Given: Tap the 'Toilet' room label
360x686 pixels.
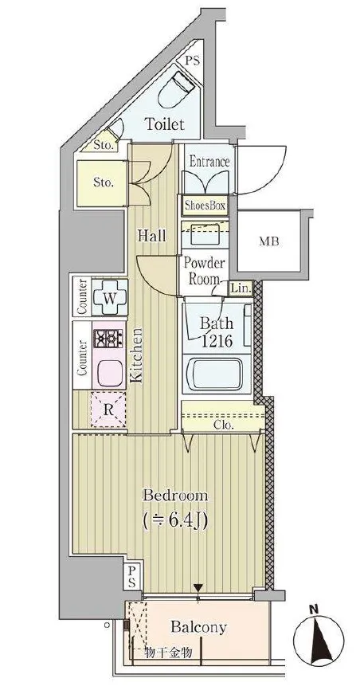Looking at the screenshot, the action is click(165, 124).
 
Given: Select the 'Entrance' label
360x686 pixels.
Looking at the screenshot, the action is click(209, 162).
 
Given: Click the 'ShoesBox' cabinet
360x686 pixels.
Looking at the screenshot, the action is click(205, 206).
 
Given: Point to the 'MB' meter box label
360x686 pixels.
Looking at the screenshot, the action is click(269, 241).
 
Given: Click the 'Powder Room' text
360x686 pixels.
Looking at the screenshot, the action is click(204, 271).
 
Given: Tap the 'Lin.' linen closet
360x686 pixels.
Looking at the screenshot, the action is click(241, 288).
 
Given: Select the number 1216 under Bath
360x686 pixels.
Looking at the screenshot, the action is click(217, 341).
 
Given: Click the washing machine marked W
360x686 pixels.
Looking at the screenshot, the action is click(110, 298).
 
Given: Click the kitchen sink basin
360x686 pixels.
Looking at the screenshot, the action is click(109, 373).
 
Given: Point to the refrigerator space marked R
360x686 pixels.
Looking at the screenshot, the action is click(108, 410).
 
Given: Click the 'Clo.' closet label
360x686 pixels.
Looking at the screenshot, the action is click(224, 425).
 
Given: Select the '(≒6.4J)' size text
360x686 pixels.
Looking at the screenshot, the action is click(175, 519).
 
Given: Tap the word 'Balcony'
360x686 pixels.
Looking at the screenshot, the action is click(199, 627).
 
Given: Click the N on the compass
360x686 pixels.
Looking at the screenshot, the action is click(312, 608).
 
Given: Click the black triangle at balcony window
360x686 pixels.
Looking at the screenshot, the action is click(198, 587).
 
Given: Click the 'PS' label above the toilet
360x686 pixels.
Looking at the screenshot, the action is click(192, 61).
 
